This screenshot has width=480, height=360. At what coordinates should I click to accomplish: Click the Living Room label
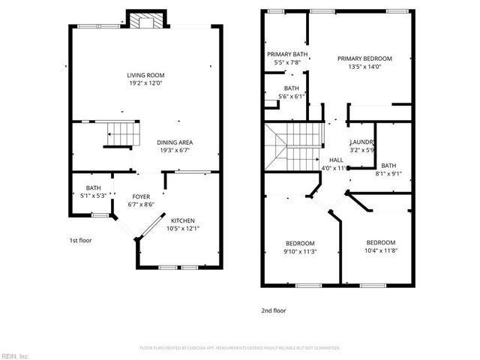145,76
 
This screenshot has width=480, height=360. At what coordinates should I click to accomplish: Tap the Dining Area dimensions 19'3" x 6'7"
175,151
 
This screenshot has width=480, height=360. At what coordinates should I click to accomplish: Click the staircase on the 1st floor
121,135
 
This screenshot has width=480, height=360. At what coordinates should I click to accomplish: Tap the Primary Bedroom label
364,58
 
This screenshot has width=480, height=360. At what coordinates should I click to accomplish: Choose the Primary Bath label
288,55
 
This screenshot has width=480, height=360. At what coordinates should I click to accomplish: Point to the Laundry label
362,142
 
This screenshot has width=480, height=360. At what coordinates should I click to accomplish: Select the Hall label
337,160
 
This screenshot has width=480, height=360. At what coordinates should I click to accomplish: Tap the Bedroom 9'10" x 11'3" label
300,243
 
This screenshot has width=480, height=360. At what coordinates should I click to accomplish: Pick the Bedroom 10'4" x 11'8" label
381,242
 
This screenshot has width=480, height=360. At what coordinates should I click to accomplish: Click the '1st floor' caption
79,241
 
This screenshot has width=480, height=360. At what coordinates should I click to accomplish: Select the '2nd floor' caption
274,310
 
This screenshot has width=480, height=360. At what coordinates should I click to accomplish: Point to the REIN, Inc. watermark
15,355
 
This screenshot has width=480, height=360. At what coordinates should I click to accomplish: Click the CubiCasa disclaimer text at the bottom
240,348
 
